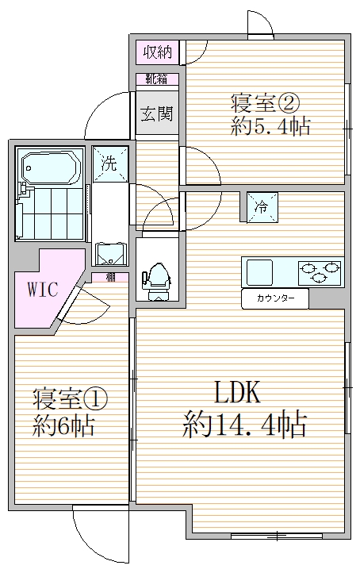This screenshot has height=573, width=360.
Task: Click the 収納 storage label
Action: [156, 53]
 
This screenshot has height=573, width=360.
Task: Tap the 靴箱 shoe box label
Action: [156, 79]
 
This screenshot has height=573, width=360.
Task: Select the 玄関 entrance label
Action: [156, 113]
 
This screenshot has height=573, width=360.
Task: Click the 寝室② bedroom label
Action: [264, 103]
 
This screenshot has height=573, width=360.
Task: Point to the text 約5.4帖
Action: [270, 127]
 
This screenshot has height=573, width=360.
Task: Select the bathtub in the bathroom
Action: [50, 167]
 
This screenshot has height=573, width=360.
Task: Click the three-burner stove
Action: [320, 272]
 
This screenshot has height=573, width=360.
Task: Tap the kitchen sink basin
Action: [259, 272]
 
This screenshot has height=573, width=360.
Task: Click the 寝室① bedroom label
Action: [70, 397]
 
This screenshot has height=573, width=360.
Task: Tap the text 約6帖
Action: [63, 426]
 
